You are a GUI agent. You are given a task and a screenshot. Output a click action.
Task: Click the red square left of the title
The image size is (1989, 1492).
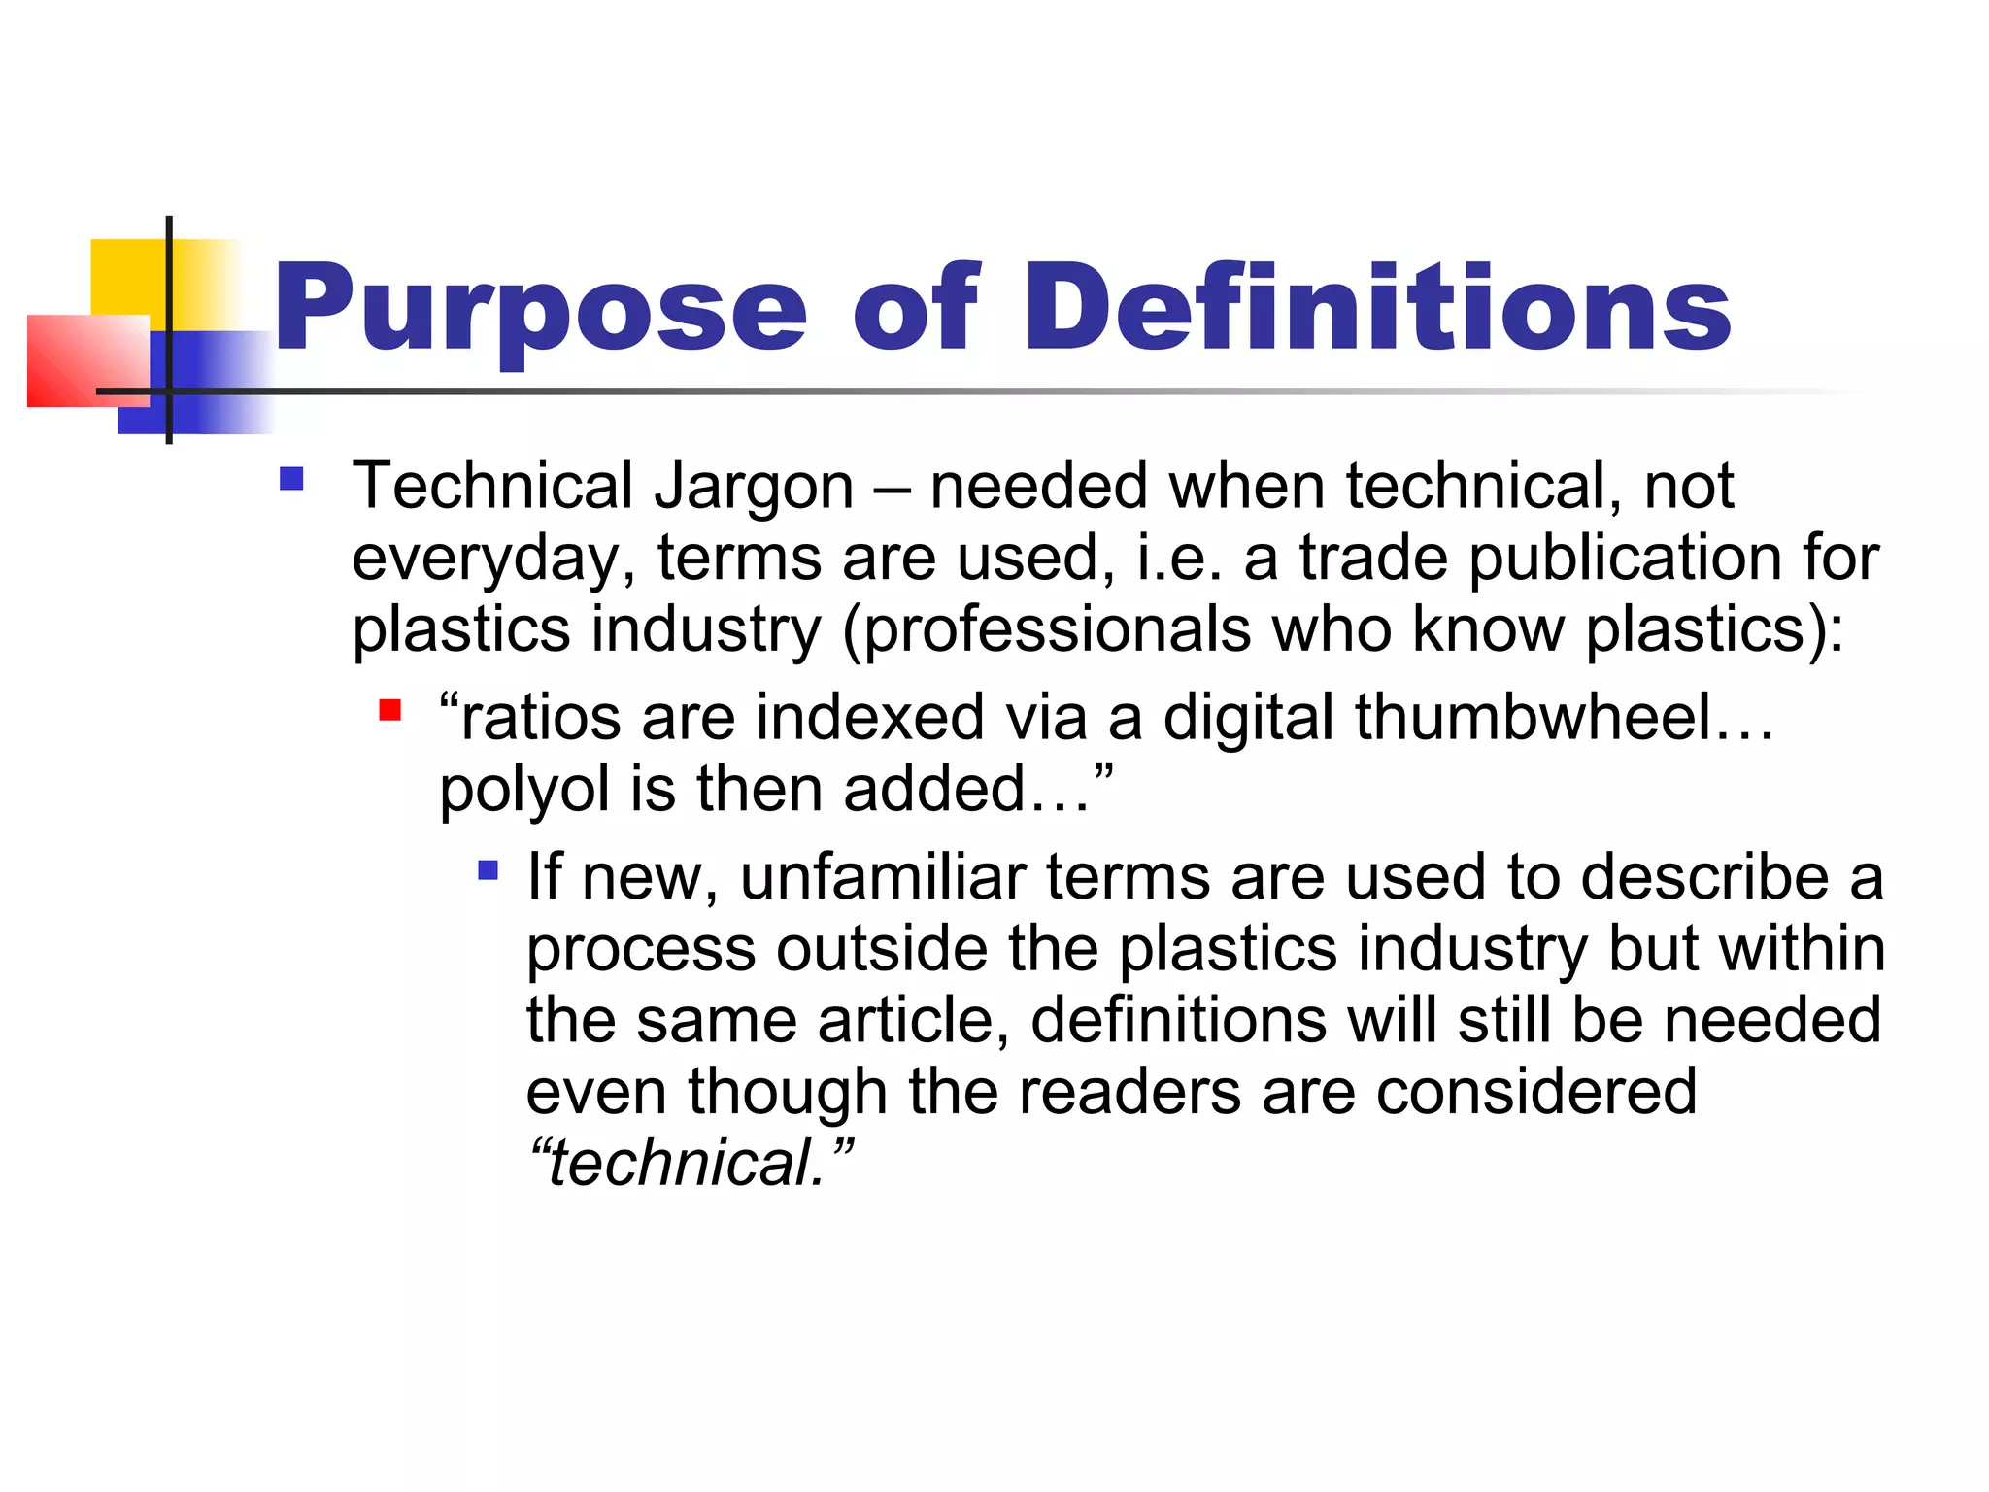click(x=87, y=360)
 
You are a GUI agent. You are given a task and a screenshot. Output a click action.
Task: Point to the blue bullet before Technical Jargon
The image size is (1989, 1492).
click(x=291, y=479)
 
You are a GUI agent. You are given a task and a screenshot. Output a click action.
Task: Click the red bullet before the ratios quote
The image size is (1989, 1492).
click(x=390, y=710)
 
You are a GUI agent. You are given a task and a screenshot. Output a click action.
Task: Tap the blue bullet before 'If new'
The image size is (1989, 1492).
click(x=489, y=869)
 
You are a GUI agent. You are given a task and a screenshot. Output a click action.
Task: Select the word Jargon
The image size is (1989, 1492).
click(x=754, y=487)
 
